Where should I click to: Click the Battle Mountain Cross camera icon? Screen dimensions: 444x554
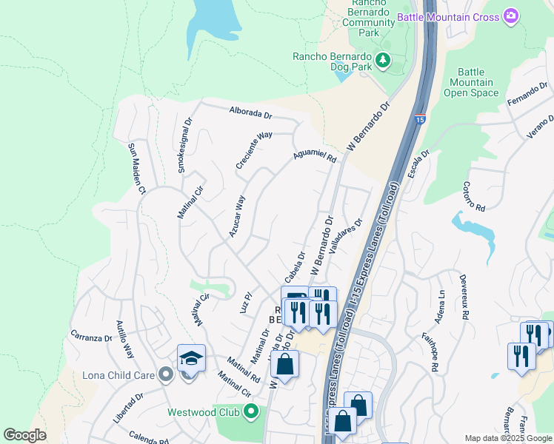click(x=510, y=16)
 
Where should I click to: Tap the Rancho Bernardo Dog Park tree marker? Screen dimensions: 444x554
click(x=383, y=61)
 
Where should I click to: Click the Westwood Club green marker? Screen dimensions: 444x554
click(x=251, y=411)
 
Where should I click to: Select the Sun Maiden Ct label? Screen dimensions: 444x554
click(x=136, y=168)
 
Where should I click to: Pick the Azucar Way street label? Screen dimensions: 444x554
click(x=237, y=215)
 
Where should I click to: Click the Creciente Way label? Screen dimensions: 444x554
click(x=254, y=151)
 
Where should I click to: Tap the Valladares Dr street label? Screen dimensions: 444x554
click(x=346, y=236)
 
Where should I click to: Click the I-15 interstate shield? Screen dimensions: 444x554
click(x=420, y=119)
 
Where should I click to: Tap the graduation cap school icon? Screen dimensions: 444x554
click(x=191, y=359)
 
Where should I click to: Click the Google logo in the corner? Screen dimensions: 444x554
click(x=24, y=435)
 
